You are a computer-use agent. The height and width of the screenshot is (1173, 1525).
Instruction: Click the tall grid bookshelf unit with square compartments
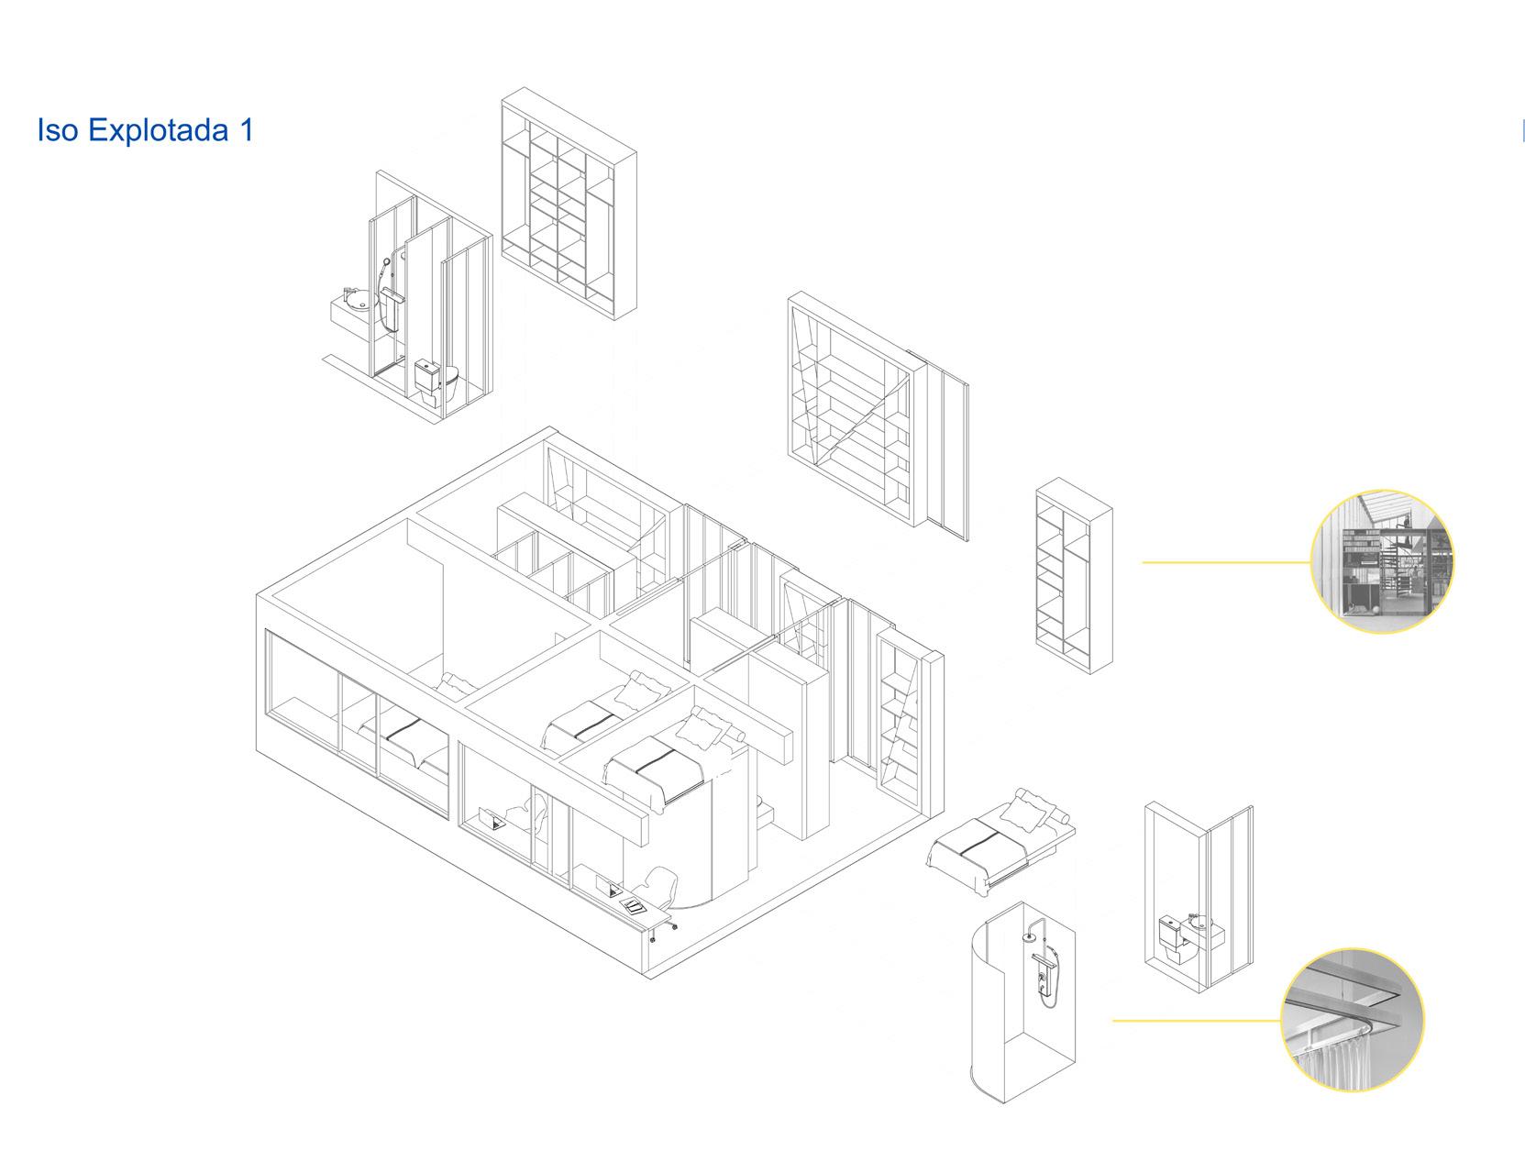569,204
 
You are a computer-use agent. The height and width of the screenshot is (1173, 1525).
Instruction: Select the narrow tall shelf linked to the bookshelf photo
1073,575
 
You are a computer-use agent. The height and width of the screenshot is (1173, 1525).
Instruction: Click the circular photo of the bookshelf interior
1382,561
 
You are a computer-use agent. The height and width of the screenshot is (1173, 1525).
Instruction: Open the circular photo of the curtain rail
1352,1020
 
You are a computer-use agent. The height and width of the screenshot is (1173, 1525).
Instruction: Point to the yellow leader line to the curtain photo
1196,1020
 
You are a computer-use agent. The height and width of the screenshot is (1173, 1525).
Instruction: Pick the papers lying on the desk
634,905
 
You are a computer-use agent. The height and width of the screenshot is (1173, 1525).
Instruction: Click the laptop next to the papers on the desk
607,887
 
